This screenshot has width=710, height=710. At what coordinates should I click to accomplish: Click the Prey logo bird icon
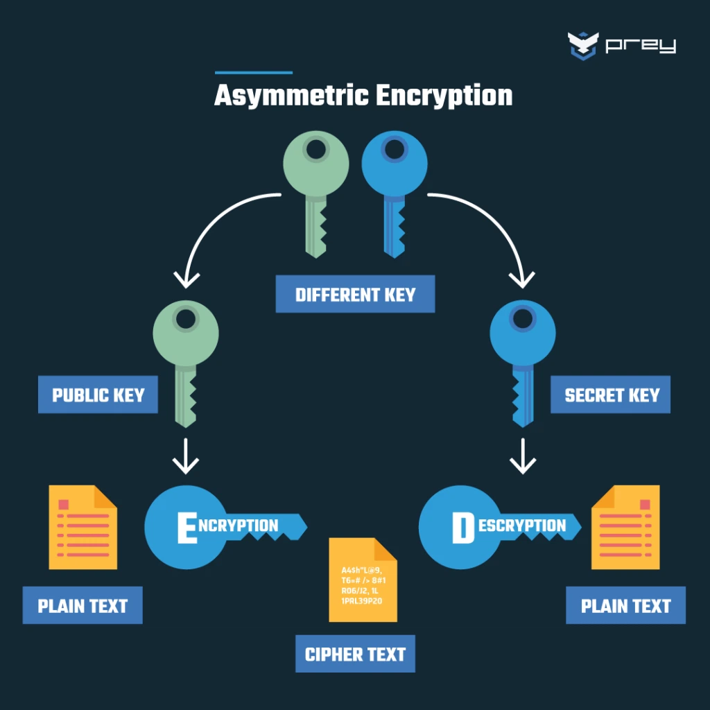pos(582,46)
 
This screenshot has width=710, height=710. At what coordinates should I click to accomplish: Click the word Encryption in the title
pos(444,96)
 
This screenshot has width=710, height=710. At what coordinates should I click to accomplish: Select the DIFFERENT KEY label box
pos(355,294)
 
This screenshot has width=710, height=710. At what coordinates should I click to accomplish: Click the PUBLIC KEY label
pos(98,395)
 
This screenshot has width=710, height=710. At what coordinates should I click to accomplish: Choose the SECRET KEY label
pos(611,395)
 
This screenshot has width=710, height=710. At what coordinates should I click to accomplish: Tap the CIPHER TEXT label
pos(355,654)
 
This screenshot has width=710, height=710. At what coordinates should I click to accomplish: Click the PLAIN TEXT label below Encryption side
pos(83,605)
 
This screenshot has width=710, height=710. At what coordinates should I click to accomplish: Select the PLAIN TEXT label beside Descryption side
pos(625,605)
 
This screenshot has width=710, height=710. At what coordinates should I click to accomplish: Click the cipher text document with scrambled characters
pos(363,580)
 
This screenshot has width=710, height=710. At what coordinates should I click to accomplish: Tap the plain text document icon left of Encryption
pos(83,527)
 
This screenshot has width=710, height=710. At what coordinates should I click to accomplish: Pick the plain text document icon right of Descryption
pos(625,527)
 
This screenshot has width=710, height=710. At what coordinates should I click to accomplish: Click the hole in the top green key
pos(316,148)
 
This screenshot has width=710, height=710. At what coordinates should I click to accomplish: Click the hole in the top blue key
pos(395,148)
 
